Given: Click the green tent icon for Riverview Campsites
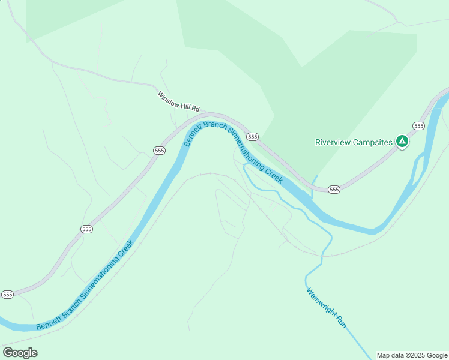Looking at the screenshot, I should tap(402, 142).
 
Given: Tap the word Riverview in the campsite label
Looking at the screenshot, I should tap(334, 143).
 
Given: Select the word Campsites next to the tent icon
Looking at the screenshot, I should tap(373, 143).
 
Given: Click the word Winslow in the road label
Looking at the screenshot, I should tap(169, 99).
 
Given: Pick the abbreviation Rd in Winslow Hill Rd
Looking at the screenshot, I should tap(196, 109).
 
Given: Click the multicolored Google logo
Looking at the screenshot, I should tap(20, 353).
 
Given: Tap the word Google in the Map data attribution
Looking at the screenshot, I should tap(438, 355).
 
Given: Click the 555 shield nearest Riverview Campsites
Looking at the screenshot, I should tap(418, 125).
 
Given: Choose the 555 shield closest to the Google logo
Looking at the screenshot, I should tap(7, 295).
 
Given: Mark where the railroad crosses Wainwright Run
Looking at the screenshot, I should tap(322, 255).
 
